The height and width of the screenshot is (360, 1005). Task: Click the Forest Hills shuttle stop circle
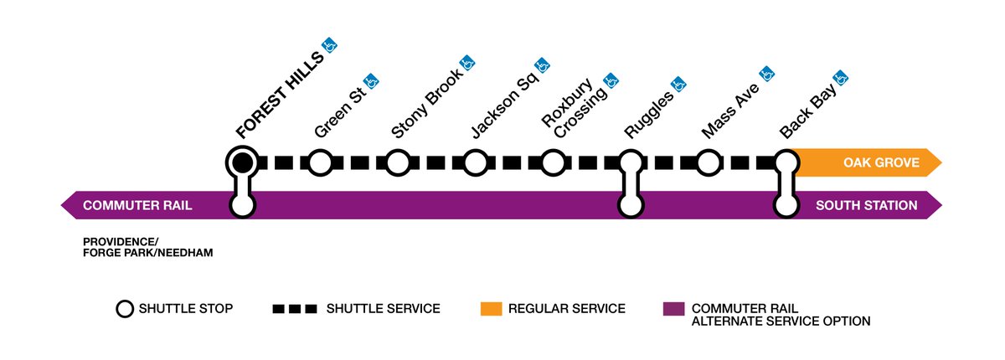pyautogui.click(x=242, y=162)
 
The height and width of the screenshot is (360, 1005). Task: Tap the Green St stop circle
pyautogui.click(x=319, y=162)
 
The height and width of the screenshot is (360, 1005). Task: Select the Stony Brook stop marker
pyautogui.click(x=397, y=162)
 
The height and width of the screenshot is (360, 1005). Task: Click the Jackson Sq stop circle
pyautogui.click(x=475, y=162)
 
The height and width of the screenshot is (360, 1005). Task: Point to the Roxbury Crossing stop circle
pyautogui.click(x=552, y=162)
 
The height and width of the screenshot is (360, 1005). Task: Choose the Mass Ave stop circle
pyautogui.click(x=708, y=162)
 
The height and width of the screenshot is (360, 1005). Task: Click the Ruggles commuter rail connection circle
pyautogui.click(x=630, y=203)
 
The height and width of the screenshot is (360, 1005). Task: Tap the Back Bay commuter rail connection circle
pyautogui.click(x=786, y=203)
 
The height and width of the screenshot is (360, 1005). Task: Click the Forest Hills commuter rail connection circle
pyautogui.click(x=242, y=204)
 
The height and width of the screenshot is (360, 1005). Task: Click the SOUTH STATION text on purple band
pyautogui.click(x=866, y=205)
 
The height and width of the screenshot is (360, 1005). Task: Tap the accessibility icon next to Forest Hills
pyautogui.click(x=331, y=45)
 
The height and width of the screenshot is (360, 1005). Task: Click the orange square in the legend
pyautogui.click(x=490, y=309)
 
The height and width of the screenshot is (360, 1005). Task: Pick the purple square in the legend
pyautogui.click(x=672, y=309)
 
